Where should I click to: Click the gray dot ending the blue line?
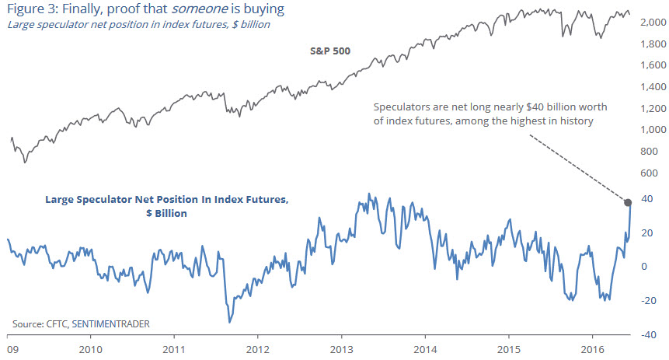coord(627,202)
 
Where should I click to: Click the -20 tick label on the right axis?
coord(650,300)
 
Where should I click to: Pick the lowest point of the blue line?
coord(229,321)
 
